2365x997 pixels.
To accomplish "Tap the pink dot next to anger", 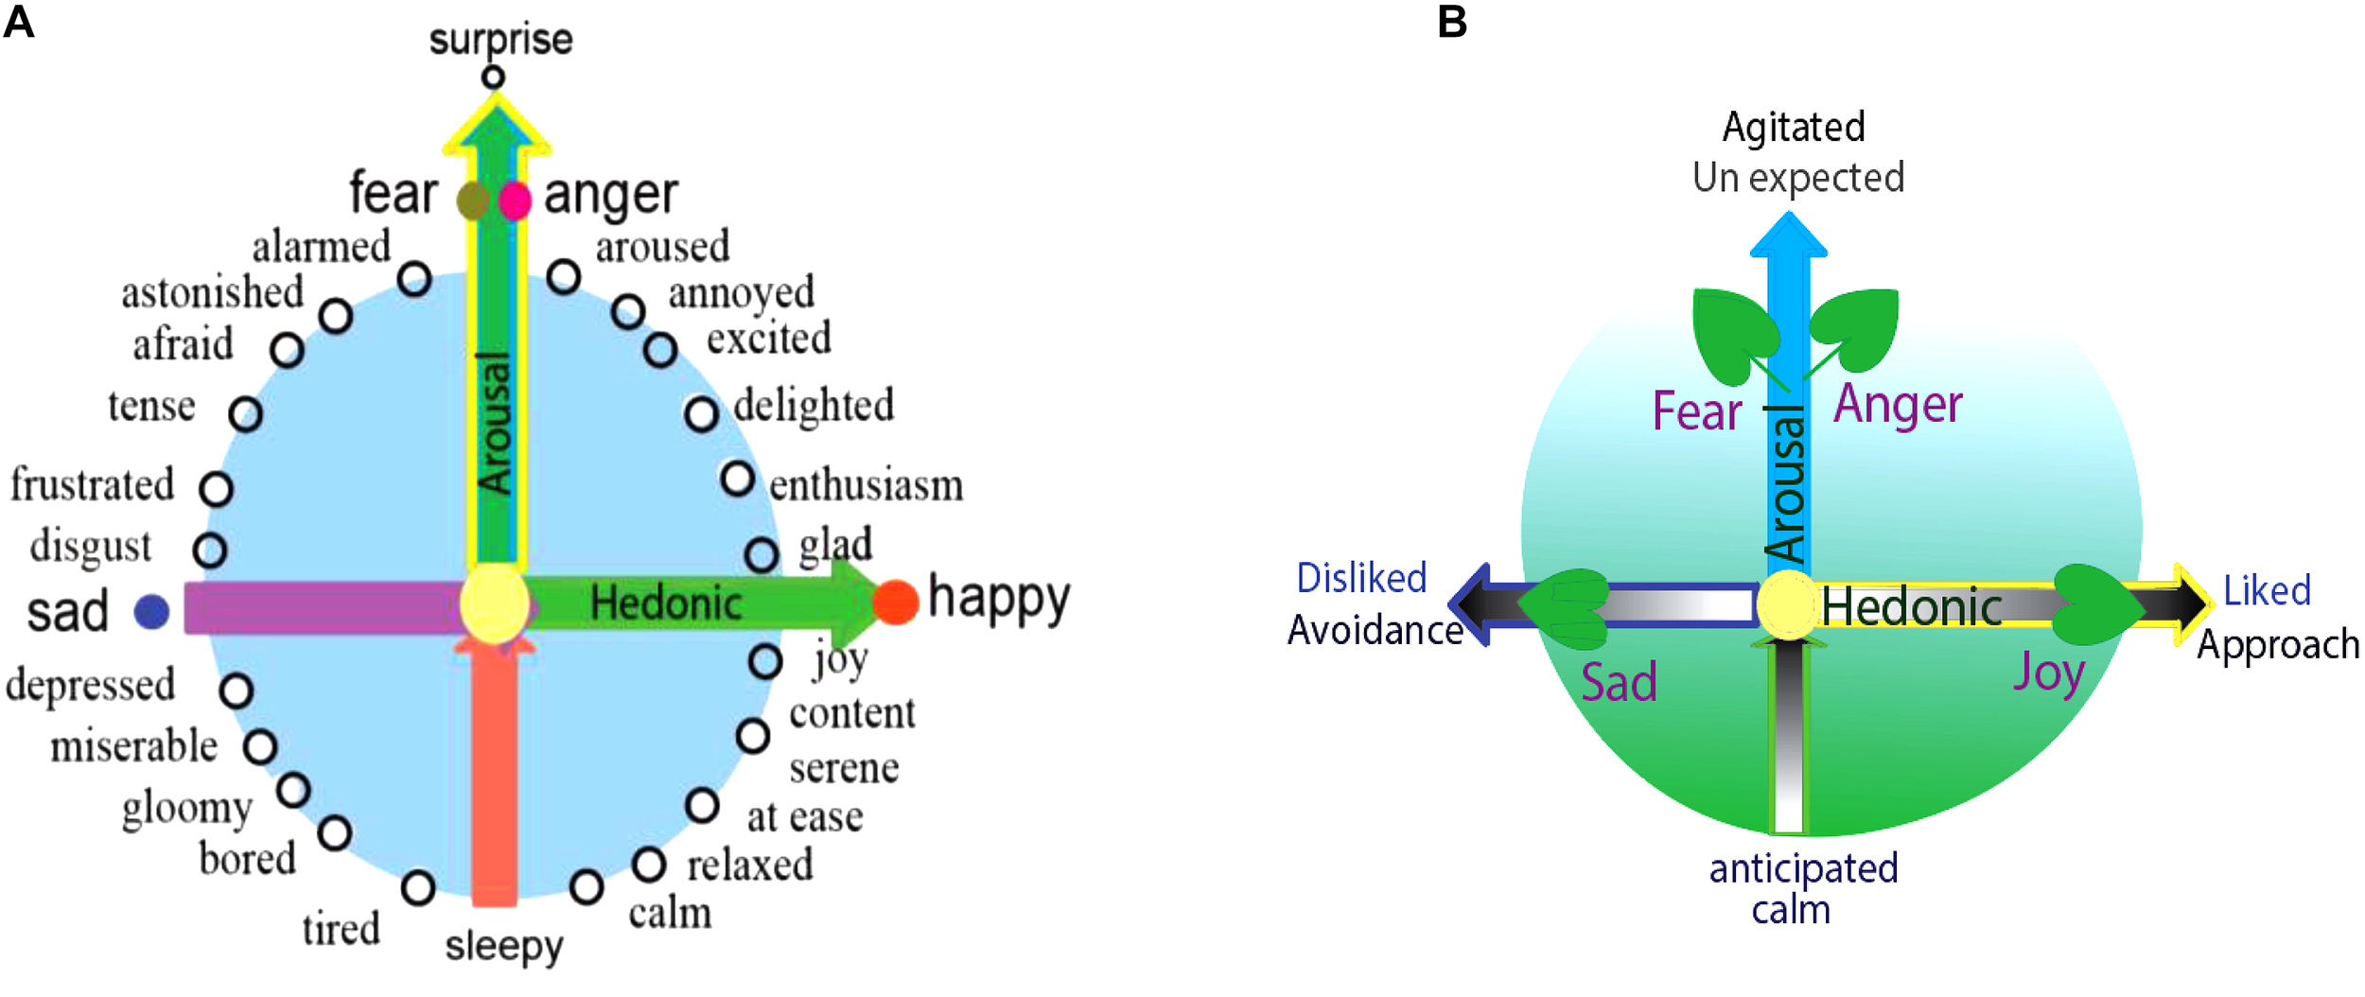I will click(515, 201).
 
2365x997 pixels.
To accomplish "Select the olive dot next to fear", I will click(472, 201).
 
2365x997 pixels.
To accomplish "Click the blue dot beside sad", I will click(151, 612).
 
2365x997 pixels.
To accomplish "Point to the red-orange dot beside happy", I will click(895, 602).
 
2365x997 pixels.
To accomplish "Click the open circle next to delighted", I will click(701, 413).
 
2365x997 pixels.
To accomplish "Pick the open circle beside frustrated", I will click(216, 489).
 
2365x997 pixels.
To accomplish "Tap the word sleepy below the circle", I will click(504, 945).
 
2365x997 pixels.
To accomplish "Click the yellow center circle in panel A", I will click(494, 603).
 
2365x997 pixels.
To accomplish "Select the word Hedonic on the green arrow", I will click(665, 603).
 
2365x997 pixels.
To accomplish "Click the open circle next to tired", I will click(417, 887).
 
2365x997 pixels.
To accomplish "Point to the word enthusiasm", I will click(866, 485).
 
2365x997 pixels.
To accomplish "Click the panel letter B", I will click(1451, 21).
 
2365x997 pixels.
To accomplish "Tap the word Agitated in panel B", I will click(1793, 127).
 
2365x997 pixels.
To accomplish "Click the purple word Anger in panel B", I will click(1898, 405).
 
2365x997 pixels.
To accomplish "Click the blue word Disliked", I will click(1360, 578).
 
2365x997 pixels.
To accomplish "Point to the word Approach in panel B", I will click(2277, 644).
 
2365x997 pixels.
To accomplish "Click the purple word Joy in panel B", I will click(2047, 673).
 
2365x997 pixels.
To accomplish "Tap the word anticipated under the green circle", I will click(1803, 868).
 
